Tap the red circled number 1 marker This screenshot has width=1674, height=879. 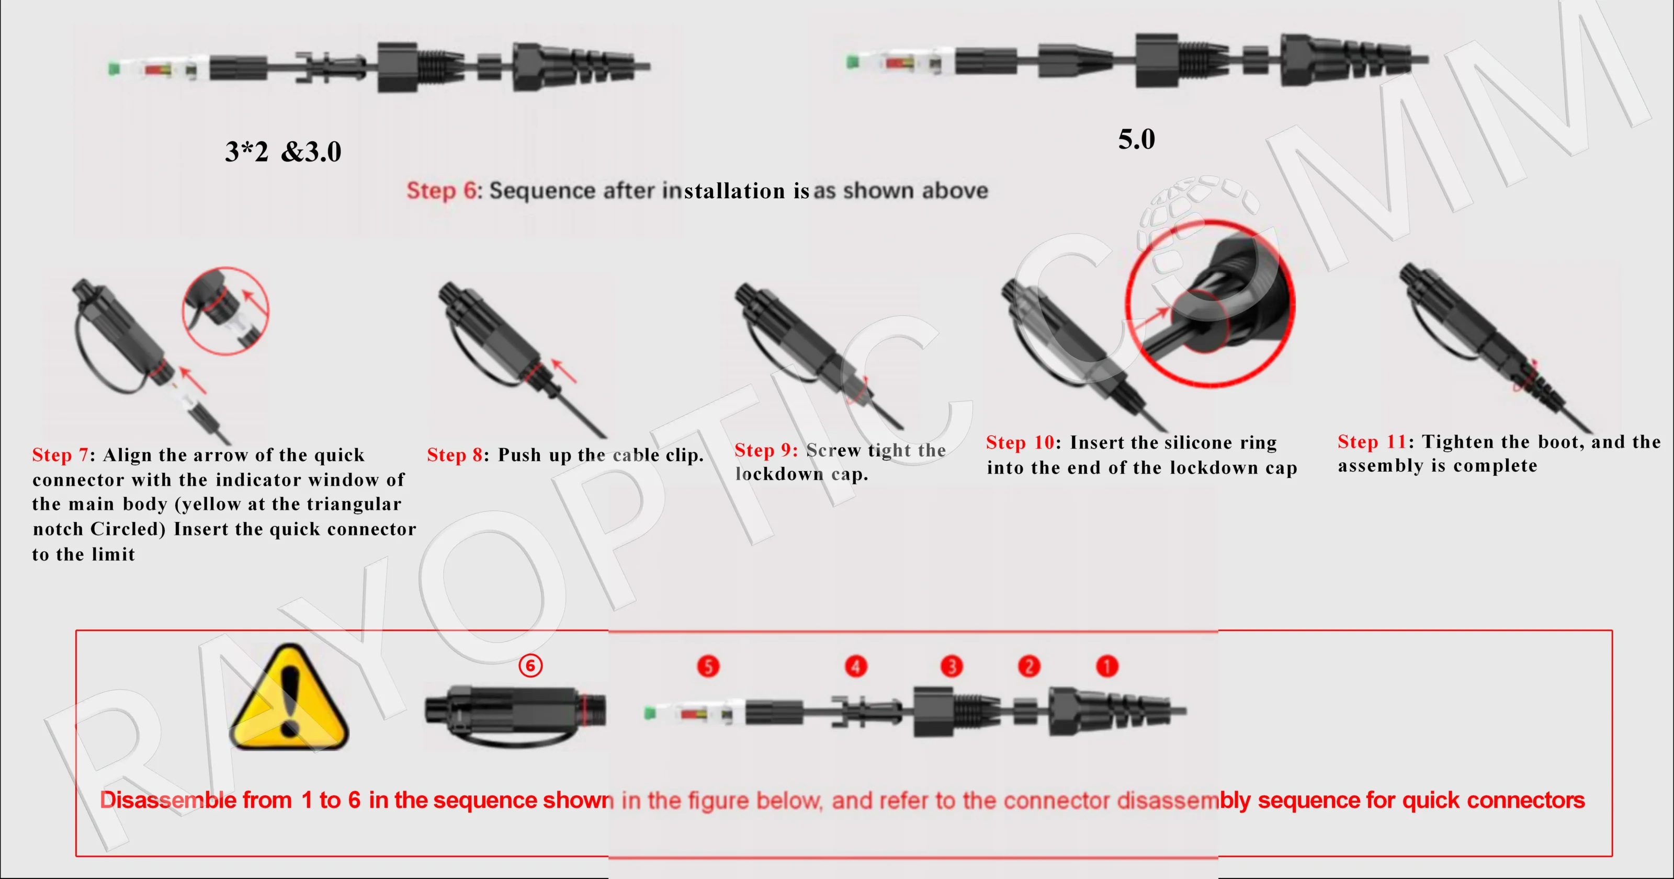point(1107,666)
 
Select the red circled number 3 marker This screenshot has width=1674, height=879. point(952,666)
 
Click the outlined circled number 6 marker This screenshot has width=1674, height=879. point(530,665)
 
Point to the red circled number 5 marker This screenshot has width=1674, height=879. point(708,666)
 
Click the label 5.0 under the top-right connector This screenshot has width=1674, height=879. point(1136,140)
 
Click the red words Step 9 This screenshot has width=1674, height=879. point(765,450)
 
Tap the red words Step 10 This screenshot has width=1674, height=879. point(1020,442)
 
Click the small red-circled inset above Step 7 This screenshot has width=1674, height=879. point(225,311)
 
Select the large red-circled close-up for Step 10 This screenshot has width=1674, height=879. point(1210,304)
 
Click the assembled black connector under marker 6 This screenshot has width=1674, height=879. point(515,711)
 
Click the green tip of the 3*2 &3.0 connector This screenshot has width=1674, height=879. point(114,67)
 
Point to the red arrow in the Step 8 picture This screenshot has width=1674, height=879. point(563,370)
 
